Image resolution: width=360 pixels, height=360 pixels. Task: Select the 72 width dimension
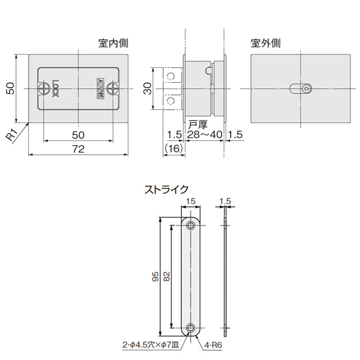click(x=78, y=149)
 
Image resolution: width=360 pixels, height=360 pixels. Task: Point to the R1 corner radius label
click(x=11, y=136)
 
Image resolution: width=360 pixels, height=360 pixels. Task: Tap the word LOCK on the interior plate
click(x=56, y=89)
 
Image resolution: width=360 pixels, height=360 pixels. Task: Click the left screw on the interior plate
click(x=44, y=89)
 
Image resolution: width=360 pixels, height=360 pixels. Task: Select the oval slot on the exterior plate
click(x=300, y=89)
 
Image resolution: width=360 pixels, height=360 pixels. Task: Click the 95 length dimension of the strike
click(x=155, y=277)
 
